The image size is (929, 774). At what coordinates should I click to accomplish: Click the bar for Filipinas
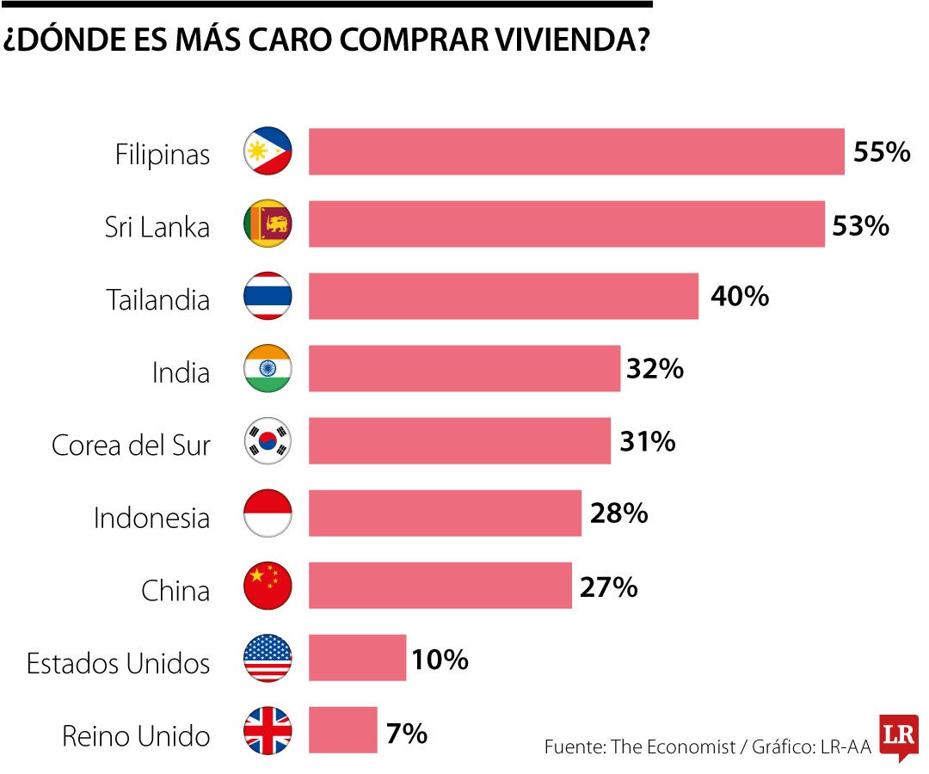point(576,151)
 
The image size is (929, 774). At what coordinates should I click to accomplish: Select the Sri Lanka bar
point(566,224)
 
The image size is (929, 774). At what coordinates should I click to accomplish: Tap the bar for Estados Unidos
point(357,658)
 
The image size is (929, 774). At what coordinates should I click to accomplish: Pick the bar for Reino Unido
point(342,730)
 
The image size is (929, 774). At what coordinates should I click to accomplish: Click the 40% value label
point(739,297)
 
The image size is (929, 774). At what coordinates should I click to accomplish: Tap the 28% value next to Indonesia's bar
point(618,513)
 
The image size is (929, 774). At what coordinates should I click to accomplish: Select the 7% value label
point(407,734)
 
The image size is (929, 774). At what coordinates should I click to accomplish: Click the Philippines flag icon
point(268,151)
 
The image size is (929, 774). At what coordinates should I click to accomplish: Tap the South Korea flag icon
point(268,441)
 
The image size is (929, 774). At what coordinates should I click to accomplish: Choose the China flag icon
point(268,586)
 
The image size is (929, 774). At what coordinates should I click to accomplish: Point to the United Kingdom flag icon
point(268,730)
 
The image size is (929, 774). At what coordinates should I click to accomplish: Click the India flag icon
point(268,369)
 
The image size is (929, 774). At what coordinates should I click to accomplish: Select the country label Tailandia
point(158,300)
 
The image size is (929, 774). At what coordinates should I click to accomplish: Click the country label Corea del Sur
point(131,445)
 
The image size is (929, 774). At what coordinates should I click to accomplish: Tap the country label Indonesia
point(151,518)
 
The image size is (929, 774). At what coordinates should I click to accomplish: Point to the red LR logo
point(899,737)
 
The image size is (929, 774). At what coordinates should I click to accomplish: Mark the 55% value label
point(881,152)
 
